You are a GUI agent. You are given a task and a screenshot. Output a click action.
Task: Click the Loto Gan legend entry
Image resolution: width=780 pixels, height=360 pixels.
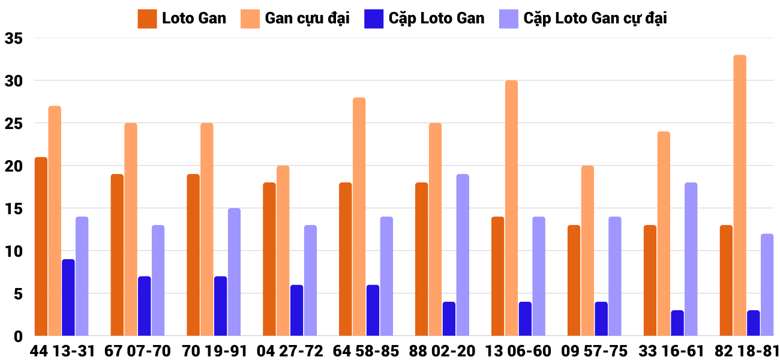tap(182, 19)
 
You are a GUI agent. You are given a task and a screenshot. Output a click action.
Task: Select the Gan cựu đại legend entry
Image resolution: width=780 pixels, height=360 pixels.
tap(295, 19)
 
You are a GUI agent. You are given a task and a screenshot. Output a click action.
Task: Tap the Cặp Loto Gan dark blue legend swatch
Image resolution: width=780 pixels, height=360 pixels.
tap(374, 19)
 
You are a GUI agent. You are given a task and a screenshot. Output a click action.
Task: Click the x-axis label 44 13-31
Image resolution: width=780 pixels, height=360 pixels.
tap(62, 351)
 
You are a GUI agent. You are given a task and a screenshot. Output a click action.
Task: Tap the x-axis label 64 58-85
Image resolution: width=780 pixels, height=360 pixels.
tap(367, 351)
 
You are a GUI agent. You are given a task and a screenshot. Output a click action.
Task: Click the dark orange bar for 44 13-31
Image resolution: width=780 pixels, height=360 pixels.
tap(41, 246)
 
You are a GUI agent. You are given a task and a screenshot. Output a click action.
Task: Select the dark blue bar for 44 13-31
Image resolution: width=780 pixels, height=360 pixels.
tap(68, 297)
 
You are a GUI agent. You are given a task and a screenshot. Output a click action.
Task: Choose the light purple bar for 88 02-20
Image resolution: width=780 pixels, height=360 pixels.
tap(463, 255)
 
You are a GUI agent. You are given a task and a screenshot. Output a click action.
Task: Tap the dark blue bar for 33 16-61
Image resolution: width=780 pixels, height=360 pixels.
tap(677, 323)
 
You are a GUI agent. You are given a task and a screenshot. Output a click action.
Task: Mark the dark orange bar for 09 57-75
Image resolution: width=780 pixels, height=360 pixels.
tap(574, 280)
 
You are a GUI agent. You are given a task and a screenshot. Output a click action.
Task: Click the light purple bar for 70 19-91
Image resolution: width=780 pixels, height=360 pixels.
tap(234, 272)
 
